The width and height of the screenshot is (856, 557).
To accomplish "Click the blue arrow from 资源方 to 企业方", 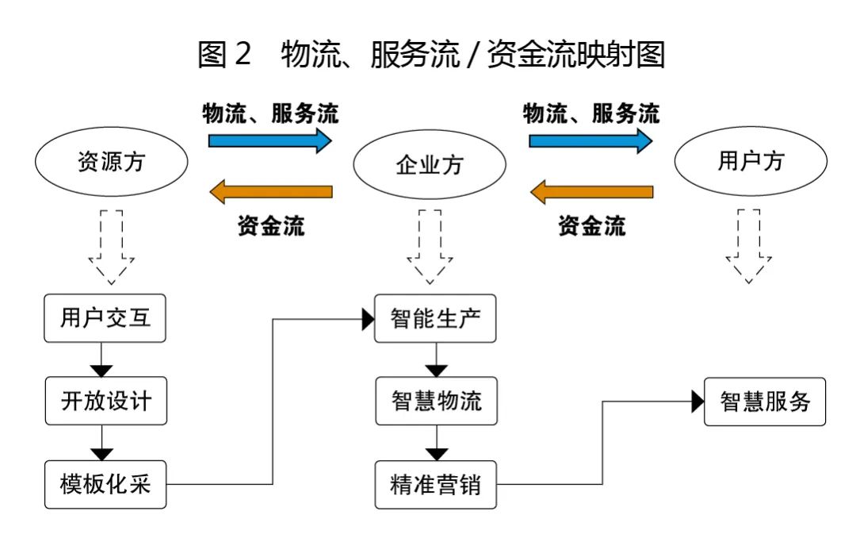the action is [269, 140].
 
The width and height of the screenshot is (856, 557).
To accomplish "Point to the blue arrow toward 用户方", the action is [590, 140].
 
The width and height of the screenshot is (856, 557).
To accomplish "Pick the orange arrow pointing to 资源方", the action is [271, 191].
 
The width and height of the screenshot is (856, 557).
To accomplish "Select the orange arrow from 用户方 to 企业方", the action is [592, 191].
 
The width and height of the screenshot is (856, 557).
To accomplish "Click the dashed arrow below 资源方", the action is [112, 247].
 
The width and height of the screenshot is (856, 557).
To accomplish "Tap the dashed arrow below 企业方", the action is [430, 247].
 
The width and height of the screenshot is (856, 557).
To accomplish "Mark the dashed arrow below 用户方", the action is [748, 247].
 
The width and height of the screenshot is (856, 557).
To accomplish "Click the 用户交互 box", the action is [105, 318].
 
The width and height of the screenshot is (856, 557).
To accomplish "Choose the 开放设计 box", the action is [106, 401].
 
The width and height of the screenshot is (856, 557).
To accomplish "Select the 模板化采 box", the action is [105, 484].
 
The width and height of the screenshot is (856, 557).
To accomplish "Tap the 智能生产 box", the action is [435, 319].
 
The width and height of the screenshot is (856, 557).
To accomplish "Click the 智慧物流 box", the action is [436, 401].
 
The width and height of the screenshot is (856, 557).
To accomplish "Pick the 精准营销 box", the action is [436, 485].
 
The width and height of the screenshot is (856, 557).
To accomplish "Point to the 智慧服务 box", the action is [765, 401].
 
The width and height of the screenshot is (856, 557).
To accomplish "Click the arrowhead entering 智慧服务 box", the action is [697, 401].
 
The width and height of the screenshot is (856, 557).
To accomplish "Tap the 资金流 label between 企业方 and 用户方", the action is [592, 226].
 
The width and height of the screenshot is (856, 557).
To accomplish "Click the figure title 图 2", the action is [224, 54].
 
